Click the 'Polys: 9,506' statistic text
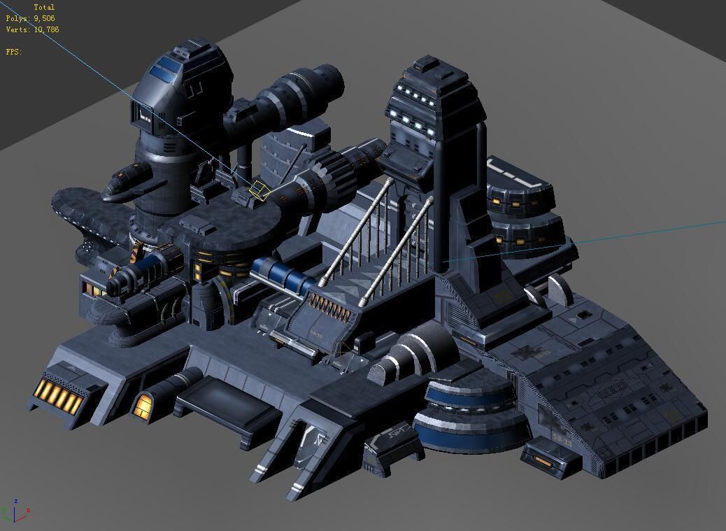click(30, 19)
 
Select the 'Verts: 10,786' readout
click(32, 30)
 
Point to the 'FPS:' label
click(14, 52)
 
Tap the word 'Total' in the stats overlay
click(44, 8)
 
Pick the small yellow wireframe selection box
click(260, 190)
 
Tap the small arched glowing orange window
click(144, 404)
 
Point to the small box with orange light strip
click(550, 458)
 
